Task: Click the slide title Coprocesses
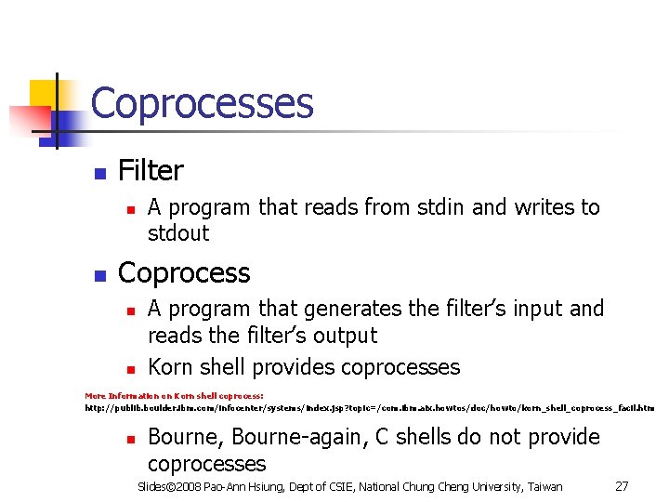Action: click(202, 103)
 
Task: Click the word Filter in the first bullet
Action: click(151, 171)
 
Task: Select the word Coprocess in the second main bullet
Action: click(184, 273)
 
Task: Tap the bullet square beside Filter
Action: click(98, 174)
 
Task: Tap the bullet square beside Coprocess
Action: click(98, 276)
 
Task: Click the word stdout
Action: click(178, 232)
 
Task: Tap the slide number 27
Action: click(623, 486)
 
